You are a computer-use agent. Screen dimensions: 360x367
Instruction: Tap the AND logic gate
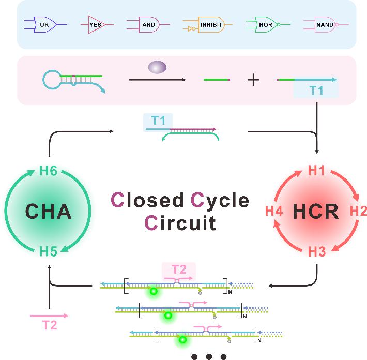(147, 24)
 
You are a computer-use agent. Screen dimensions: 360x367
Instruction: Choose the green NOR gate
(263, 24)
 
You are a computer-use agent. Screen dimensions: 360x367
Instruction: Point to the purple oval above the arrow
(157, 67)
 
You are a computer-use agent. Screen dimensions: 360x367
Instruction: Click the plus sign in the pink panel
(253, 80)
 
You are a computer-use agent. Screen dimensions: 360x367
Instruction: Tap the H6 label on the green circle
(48, 171)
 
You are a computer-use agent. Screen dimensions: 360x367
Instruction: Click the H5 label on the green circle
(48, 252)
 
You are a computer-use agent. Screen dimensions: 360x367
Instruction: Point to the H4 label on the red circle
(274, 211)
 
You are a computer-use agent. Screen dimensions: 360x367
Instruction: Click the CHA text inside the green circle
(49, 212)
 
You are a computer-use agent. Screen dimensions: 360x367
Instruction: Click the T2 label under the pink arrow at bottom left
(49, 325)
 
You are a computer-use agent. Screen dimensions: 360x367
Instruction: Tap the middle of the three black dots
(209, 356)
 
